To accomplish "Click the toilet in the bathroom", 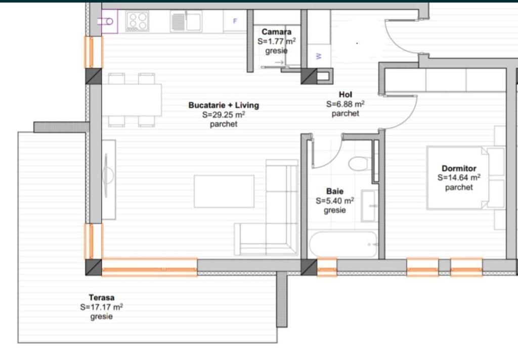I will (x=360, y=164).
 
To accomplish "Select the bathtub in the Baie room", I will (x=343, y=245).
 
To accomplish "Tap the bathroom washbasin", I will (x=369, y=206).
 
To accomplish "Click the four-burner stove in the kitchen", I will (x=137, y=22).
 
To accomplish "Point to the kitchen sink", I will (x=186, y=22).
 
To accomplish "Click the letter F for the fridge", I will (x=235, y=21).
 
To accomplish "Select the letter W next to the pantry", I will (x=319, y=56).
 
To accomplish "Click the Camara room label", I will (x=276, y=32).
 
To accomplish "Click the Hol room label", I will (x=346, y=95).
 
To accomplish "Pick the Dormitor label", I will (x=459, y=168).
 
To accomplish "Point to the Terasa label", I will (x=102, y=298).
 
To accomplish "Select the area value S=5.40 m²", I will (x=334, y=201).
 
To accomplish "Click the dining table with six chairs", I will (x=132, y=100).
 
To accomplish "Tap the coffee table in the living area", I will (x=224, y=191).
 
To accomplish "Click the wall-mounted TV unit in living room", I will (x=108, y=179).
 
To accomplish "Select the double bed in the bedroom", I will (x=458, y=178).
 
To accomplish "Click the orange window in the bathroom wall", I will (x=327, y=267).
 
